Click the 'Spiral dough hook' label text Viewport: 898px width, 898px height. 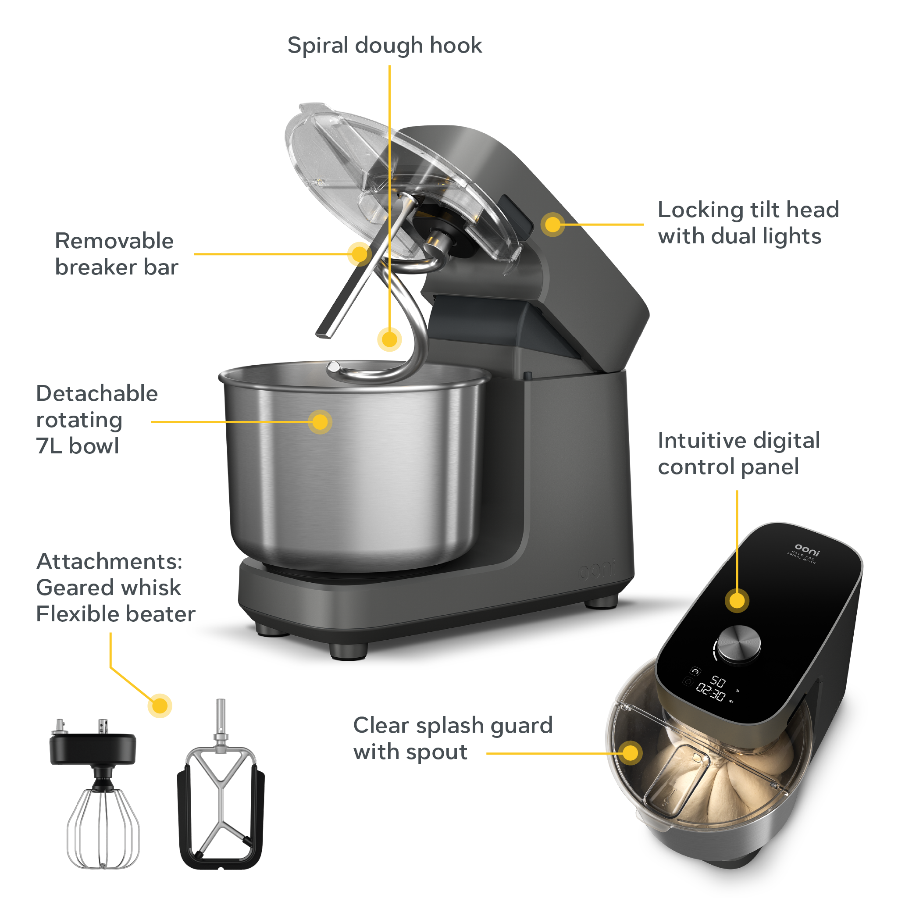pos(385,46)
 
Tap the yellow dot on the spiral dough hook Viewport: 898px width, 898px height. pos(389,339)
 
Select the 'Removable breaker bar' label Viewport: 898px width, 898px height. pos(116,254)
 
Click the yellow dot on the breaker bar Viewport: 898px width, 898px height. pos(359,254)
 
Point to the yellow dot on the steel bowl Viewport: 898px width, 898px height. pos(320,422)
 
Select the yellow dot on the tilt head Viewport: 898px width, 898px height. pos(552,224)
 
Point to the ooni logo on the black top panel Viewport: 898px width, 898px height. pos(807,549)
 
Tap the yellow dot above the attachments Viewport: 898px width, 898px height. pos(160,706)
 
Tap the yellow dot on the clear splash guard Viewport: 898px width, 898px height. pos(630,752)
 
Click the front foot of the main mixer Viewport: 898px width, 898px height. pos(348,651)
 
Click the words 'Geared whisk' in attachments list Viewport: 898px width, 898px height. pos(108,588)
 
